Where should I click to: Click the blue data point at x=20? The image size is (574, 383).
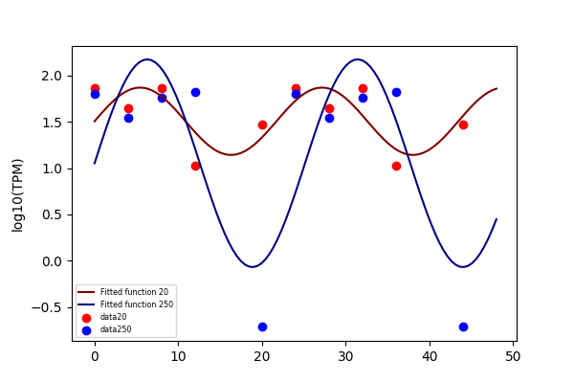click(x=262, y=327)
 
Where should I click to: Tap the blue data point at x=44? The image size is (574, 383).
click(x=463, y=327)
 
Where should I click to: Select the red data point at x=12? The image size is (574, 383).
click(x=195, y=166)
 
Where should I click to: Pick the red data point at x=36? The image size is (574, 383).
click(x=396, y=166)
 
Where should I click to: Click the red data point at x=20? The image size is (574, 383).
click(x=262, y=125)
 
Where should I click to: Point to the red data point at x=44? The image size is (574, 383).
click(x=463, y=125)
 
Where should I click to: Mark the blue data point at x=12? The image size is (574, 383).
click(x=195, y=92)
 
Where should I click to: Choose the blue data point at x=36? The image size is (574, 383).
click(x=396, y=92)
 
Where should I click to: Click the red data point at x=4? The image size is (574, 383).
click(x=128, y=108)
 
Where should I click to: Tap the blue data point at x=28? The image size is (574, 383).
click(x=329, y=118)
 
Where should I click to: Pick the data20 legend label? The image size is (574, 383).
click(x=114, y=317)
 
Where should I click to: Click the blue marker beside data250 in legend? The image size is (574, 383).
click(x=86, y=330)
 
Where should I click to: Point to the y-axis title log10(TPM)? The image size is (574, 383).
click(x=17, y=195)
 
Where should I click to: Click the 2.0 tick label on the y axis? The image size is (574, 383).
click(x=52, y=76)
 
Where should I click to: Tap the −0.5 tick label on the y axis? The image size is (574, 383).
click(x=47, y=307)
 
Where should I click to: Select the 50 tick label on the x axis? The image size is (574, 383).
click(x=513, y=356)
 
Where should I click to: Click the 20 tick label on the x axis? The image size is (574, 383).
click(x=262, y=356)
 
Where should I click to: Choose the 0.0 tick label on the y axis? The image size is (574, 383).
click(x=52, y=261)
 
